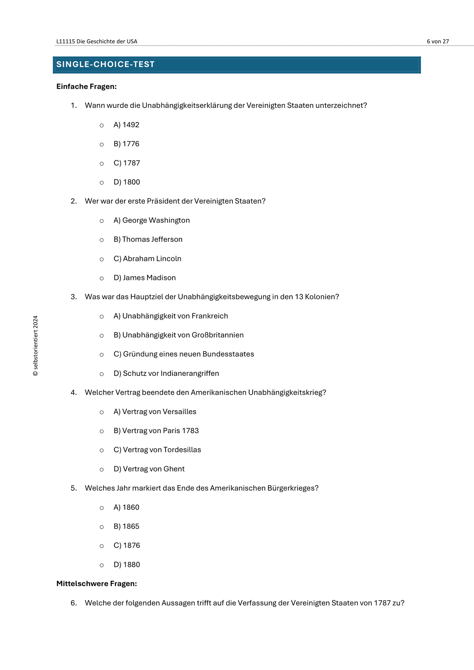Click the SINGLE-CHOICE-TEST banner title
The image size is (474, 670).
tap(105, 64)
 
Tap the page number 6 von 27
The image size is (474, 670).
tap(438, 42)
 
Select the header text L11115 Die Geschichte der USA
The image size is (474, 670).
tap(97, 42)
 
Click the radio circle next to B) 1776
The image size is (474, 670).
tap(102, 144)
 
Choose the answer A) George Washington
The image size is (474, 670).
tap(152, 220)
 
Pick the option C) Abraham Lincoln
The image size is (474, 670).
tap(147, 259)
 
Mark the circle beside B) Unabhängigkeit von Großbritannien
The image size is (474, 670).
tap(102, 335)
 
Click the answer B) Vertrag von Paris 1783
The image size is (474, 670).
tap(156, 431)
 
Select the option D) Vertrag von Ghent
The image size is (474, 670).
tap(149, 469)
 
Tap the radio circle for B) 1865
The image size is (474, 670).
tap(102, 527)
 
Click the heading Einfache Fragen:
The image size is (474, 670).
tap(86, 87)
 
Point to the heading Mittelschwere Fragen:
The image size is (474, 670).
tap(97, 584)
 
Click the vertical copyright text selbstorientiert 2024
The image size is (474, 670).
tap(36, 346)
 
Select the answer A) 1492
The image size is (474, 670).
tap(126, 125)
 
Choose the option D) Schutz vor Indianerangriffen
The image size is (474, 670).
tap(166, 374)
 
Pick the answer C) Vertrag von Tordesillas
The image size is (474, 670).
tap(157, 450)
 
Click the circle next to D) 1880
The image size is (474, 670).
tap(102, 565)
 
